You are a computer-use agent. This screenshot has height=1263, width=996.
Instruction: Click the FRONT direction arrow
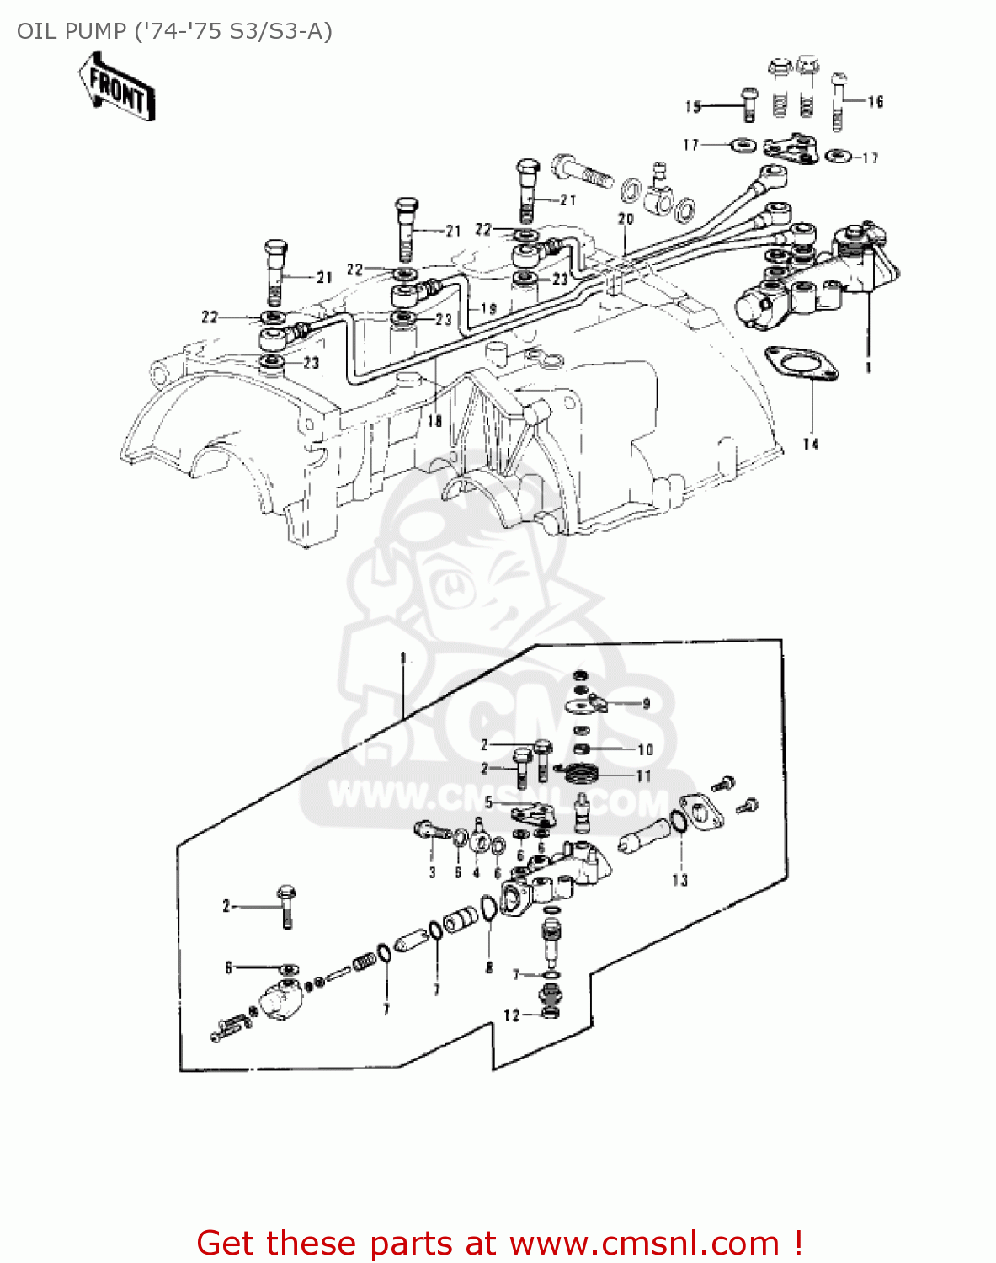[x=117, y=87]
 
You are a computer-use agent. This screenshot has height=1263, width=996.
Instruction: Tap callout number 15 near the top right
[x=693, y=106]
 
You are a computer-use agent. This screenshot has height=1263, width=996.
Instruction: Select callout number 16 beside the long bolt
[x=876, y=102]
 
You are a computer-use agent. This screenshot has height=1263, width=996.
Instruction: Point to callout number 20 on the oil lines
[x=625, y=219]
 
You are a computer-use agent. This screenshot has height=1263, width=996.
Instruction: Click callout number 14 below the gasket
[x=810, y=444]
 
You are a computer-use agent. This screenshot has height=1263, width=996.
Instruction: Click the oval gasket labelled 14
[x=802, y=365]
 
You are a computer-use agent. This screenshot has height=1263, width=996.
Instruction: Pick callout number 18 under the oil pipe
[x=434, y=421]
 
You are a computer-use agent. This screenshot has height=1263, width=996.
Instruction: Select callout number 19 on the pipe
[x=488, y=309]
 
